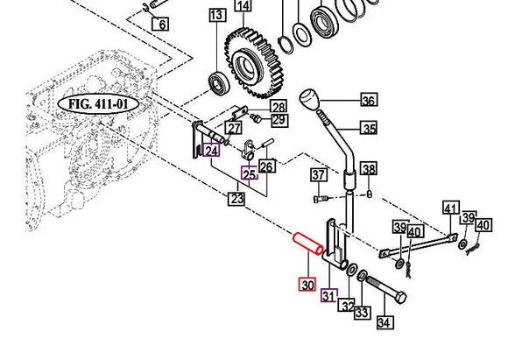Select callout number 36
pyautogui.click(x=369, y=101)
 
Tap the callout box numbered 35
pyautogui.click(x=369, y=129)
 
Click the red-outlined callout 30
pyautogui.click(x=307, y=285)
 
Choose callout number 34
pyautogui.click(x=385, y=322)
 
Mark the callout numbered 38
pyautogui.click(x=369, y=169)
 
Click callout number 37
pyautogui.click(x=319, y=177)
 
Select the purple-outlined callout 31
pyautogui.click(x=328, y=295)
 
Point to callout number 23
pyautogui.click(x=237, y=199)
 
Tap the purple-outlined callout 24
pyautogui.click(x=211, y=151)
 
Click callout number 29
pyautogui.click(x=279, y=120)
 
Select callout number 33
pyautogui.click(x=362, y=312)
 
